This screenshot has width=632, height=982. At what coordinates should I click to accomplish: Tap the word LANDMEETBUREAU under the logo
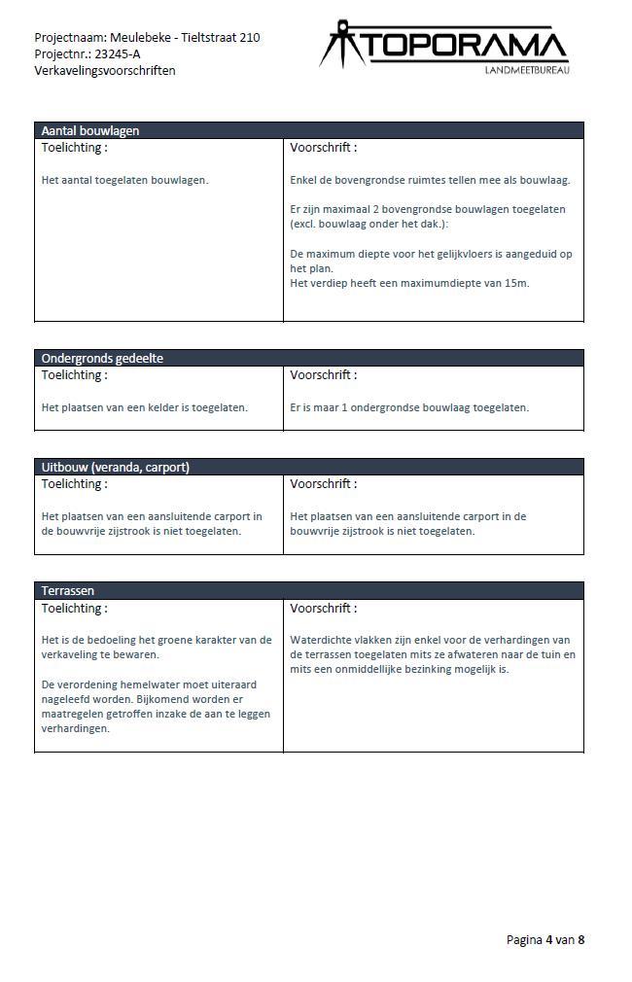point(527,70)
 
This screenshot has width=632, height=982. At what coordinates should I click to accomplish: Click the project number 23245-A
point(118,54)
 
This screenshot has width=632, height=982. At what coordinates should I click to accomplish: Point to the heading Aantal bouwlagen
point(90,130)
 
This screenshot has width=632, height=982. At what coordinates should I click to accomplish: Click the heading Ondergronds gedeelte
point(102,358)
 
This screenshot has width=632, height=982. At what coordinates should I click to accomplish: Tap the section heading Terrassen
point(68,590)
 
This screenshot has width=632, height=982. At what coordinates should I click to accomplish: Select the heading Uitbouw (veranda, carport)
point(116,467)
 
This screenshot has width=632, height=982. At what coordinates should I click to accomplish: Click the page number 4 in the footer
point(549,939)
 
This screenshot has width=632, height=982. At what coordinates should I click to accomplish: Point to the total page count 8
point(580,939)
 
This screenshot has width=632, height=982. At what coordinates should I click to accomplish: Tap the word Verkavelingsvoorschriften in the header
point(105,71)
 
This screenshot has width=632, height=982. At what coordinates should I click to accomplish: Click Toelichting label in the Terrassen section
point(74,609)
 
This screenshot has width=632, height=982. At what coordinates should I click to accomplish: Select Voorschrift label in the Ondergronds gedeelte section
point(323,375)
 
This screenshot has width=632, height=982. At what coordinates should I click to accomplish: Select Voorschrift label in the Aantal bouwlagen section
point(323,148)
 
